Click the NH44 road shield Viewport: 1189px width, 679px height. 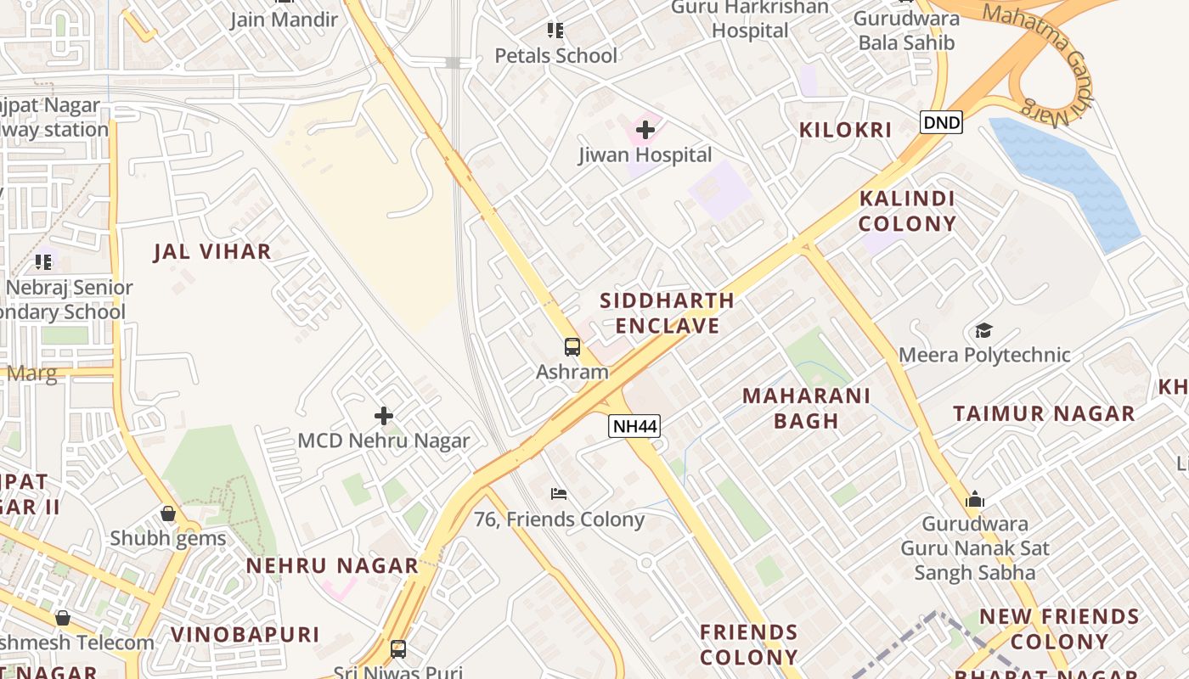point(634,426)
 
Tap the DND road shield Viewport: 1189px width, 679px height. point(941,123)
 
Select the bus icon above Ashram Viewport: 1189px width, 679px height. point(572,346)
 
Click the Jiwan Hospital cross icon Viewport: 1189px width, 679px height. point(645,130)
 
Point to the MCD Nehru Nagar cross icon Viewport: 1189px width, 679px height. point(384,416)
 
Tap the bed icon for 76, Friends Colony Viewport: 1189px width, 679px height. point(559,493)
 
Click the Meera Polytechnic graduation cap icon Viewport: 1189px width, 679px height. point(983,330)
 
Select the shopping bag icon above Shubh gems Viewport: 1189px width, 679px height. point(168,513)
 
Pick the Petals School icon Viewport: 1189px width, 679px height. point(555,31)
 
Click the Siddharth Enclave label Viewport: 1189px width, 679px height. point(668,313)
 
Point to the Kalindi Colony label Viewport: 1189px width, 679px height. point(907,211)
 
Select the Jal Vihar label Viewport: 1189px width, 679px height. point(212,251)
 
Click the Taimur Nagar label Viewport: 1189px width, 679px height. point(1044,414)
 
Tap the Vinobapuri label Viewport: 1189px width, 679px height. point(245,635)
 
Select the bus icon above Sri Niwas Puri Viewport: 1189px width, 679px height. point(398,649)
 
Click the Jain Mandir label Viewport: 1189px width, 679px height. point(284,20)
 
